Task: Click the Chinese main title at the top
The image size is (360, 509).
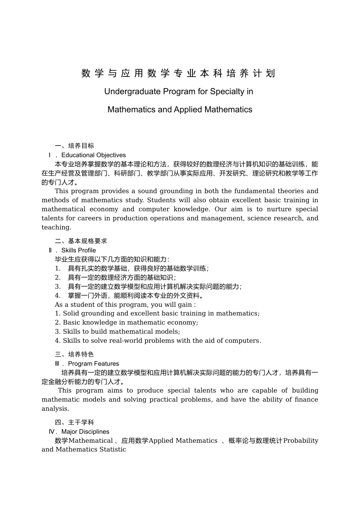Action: pos(178,73)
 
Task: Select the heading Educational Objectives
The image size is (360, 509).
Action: pos(93,155)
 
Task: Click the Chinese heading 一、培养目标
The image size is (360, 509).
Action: pos(74,146)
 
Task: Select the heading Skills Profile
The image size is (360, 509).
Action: pos(78,250)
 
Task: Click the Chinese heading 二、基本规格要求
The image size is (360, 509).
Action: pos(81,241)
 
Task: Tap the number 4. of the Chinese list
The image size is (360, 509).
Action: pos(58,296)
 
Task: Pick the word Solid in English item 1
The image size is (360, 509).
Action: pos(71,314)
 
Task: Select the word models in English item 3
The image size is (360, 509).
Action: pos(168,332)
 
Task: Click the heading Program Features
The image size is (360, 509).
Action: pos(93,364)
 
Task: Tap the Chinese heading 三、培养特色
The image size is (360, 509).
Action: pos(74,354)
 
